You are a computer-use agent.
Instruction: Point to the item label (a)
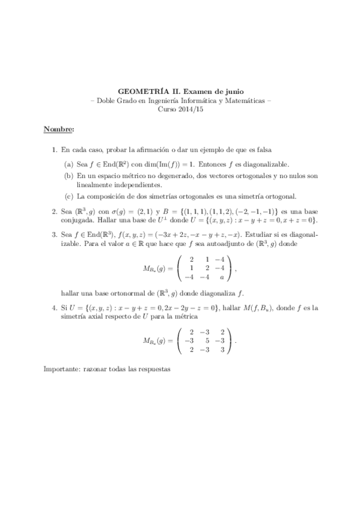70,164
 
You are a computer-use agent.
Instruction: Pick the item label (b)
70,175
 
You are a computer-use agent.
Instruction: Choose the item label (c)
70,197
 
